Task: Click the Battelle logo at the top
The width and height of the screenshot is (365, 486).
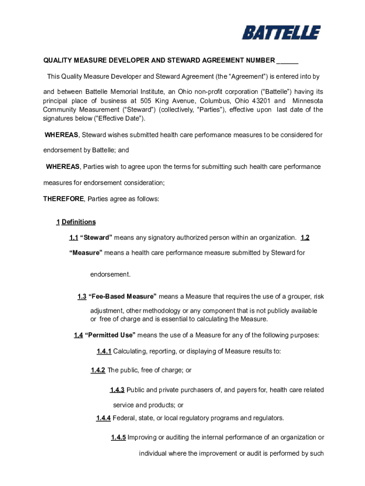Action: (281, 33)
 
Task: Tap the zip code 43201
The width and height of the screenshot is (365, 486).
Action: (261, 101)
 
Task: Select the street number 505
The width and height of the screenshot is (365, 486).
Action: (146, 101)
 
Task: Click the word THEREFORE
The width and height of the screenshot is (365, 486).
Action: (64, 199)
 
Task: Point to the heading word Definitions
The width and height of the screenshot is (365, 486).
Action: (79, 222)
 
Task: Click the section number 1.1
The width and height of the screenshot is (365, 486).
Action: (73, 237)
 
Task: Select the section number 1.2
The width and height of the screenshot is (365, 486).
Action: (305, 237)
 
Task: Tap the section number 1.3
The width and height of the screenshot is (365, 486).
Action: (82, 297)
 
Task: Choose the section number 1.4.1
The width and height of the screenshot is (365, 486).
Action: (104, 351)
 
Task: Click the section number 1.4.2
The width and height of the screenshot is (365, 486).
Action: (98, 370)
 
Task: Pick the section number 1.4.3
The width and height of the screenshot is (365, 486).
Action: (117, 390)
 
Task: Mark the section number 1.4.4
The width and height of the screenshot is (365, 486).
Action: (103, 418)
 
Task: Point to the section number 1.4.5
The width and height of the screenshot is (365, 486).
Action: (119, 438)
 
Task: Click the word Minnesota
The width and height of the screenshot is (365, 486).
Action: (308, 101)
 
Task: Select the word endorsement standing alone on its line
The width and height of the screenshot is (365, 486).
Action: (110, 274)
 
